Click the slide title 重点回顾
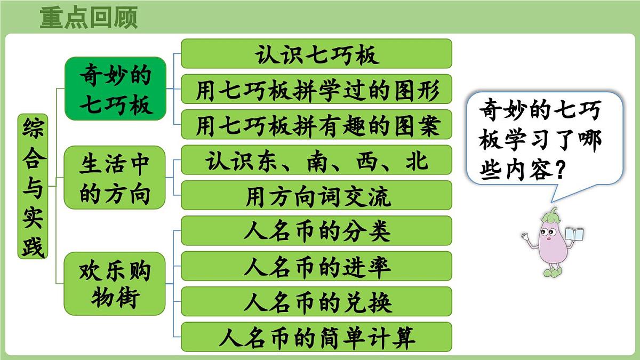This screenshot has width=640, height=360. coord(89,17)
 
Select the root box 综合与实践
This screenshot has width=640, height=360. coord(33,186)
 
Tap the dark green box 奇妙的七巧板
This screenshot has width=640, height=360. coord(115,89)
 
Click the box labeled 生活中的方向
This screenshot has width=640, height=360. coord(115,177)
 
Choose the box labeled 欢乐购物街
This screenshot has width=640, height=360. coord(115,283)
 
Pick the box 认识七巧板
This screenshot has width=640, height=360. coord(316,54)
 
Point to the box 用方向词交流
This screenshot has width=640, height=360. coord(316,195)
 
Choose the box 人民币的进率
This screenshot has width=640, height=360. coord(316,266)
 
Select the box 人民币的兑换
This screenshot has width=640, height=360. coord(316,301)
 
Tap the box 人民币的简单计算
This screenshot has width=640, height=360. coord(316,337)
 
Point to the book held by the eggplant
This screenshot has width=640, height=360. coord(574,235)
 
